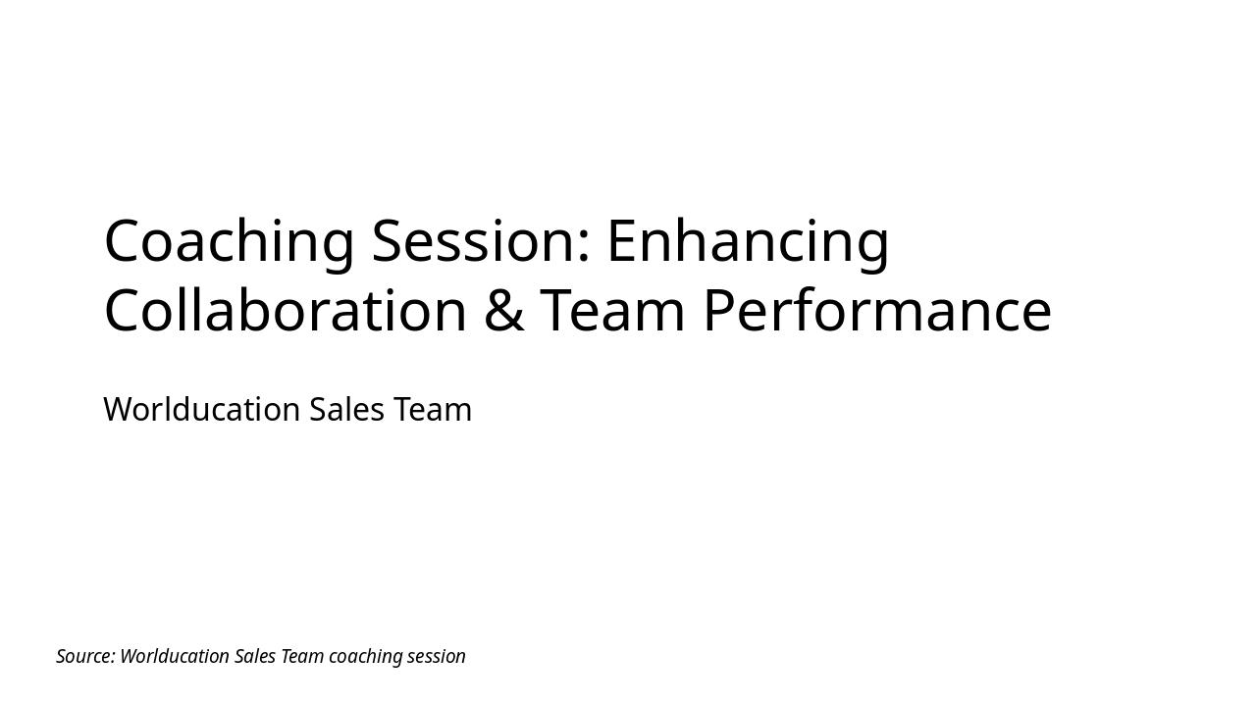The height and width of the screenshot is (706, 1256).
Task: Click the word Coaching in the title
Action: coord(228,241)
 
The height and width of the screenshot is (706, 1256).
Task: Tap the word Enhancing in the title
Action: coord(748,241)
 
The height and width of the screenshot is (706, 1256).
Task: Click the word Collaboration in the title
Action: coord(285,311)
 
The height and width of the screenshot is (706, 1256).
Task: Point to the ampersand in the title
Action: coord(503,311)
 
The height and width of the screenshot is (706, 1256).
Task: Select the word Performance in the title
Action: coord(877,311)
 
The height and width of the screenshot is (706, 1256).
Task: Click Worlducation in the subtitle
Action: coord(201,409)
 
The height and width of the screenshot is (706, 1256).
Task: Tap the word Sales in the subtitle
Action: coord(346,409)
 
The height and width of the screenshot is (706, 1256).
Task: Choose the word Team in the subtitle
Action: coord(433,409)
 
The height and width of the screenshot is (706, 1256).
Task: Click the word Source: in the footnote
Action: coord(85,656)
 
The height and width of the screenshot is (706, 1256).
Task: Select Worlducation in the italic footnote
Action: coord(174,656)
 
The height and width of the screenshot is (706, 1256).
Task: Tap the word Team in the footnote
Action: coord(302,656)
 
